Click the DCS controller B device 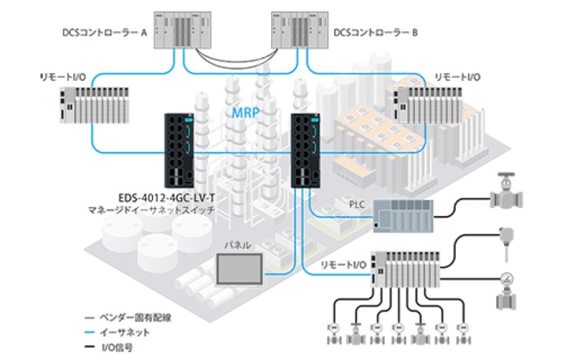(302, 32)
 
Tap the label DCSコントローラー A (105, 33)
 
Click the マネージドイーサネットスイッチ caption (161, 210)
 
